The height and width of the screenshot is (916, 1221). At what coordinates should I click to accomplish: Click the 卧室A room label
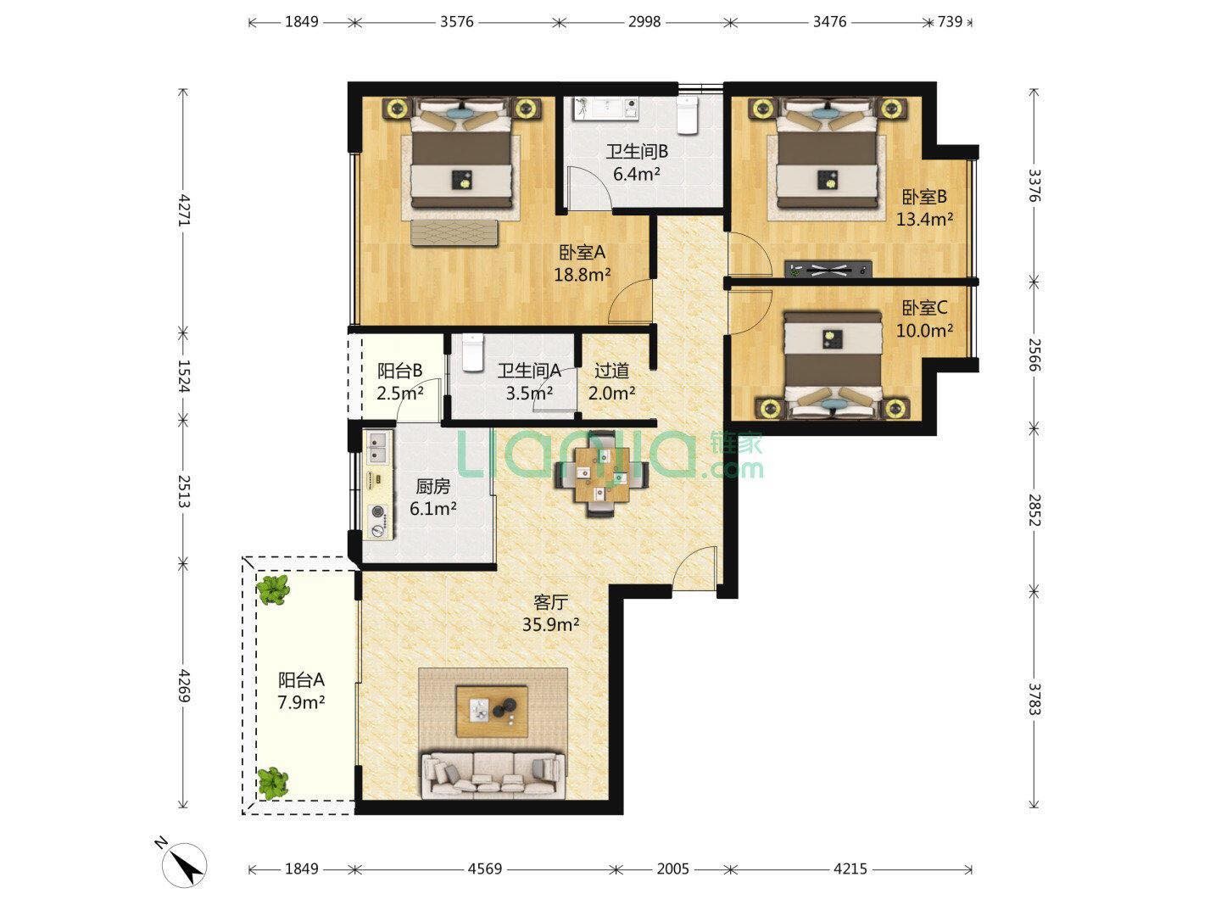[x=582, y=253]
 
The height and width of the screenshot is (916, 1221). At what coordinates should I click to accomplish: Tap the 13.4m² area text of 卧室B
[x=924, y=220]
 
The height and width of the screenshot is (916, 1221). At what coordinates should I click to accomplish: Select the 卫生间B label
[x=637, y=151]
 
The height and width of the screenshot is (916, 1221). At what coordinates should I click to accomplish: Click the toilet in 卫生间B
[x=688, y=115]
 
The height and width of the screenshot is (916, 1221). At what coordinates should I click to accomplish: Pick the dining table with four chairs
[x=602, y=474]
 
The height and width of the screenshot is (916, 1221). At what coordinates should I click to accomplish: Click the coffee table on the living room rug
[x=492, y=712]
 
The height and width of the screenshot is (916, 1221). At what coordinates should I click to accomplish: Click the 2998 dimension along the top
[x=644, y=22]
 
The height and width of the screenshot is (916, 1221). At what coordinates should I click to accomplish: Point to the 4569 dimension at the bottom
[x=485, y=869]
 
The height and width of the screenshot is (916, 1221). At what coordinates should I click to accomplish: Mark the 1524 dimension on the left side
[x=183, y=377]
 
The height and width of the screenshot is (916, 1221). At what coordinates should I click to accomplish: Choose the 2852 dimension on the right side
[x=1034, y=510]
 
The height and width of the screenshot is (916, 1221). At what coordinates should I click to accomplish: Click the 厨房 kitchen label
[x=432, y=487]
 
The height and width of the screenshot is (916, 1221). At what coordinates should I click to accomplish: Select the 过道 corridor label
[x=612, y=371]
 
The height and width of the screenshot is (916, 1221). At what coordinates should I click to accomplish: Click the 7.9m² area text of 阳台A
[x=301, y=703]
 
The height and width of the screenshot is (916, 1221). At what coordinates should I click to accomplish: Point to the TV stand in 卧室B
[x=828, y=269]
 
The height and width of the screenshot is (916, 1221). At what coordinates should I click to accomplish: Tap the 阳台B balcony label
[x=400, y=371]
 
